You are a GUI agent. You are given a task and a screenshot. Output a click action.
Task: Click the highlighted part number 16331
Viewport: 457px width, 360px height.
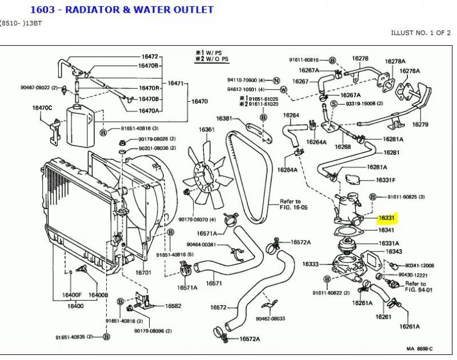388,218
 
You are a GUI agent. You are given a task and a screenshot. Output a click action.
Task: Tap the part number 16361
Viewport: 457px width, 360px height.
206,130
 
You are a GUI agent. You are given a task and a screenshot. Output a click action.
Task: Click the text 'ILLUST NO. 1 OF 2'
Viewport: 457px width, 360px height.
422,33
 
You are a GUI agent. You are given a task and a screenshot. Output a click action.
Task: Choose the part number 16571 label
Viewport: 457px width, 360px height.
214,283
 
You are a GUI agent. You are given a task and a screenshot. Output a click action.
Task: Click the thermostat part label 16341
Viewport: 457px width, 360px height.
387,230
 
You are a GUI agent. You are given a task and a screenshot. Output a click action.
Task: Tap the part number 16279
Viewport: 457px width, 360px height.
420,125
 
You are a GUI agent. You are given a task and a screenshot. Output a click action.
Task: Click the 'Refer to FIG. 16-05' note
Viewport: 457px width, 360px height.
291,205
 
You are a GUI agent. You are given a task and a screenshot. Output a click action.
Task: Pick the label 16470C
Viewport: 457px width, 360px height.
42,107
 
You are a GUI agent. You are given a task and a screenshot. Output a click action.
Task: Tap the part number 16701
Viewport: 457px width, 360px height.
143,273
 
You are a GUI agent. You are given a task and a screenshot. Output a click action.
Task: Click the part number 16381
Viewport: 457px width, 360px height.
223,118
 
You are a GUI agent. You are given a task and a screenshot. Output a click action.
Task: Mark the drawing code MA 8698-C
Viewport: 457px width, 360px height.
419,349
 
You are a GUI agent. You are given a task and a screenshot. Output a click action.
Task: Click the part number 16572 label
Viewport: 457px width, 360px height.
219,307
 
